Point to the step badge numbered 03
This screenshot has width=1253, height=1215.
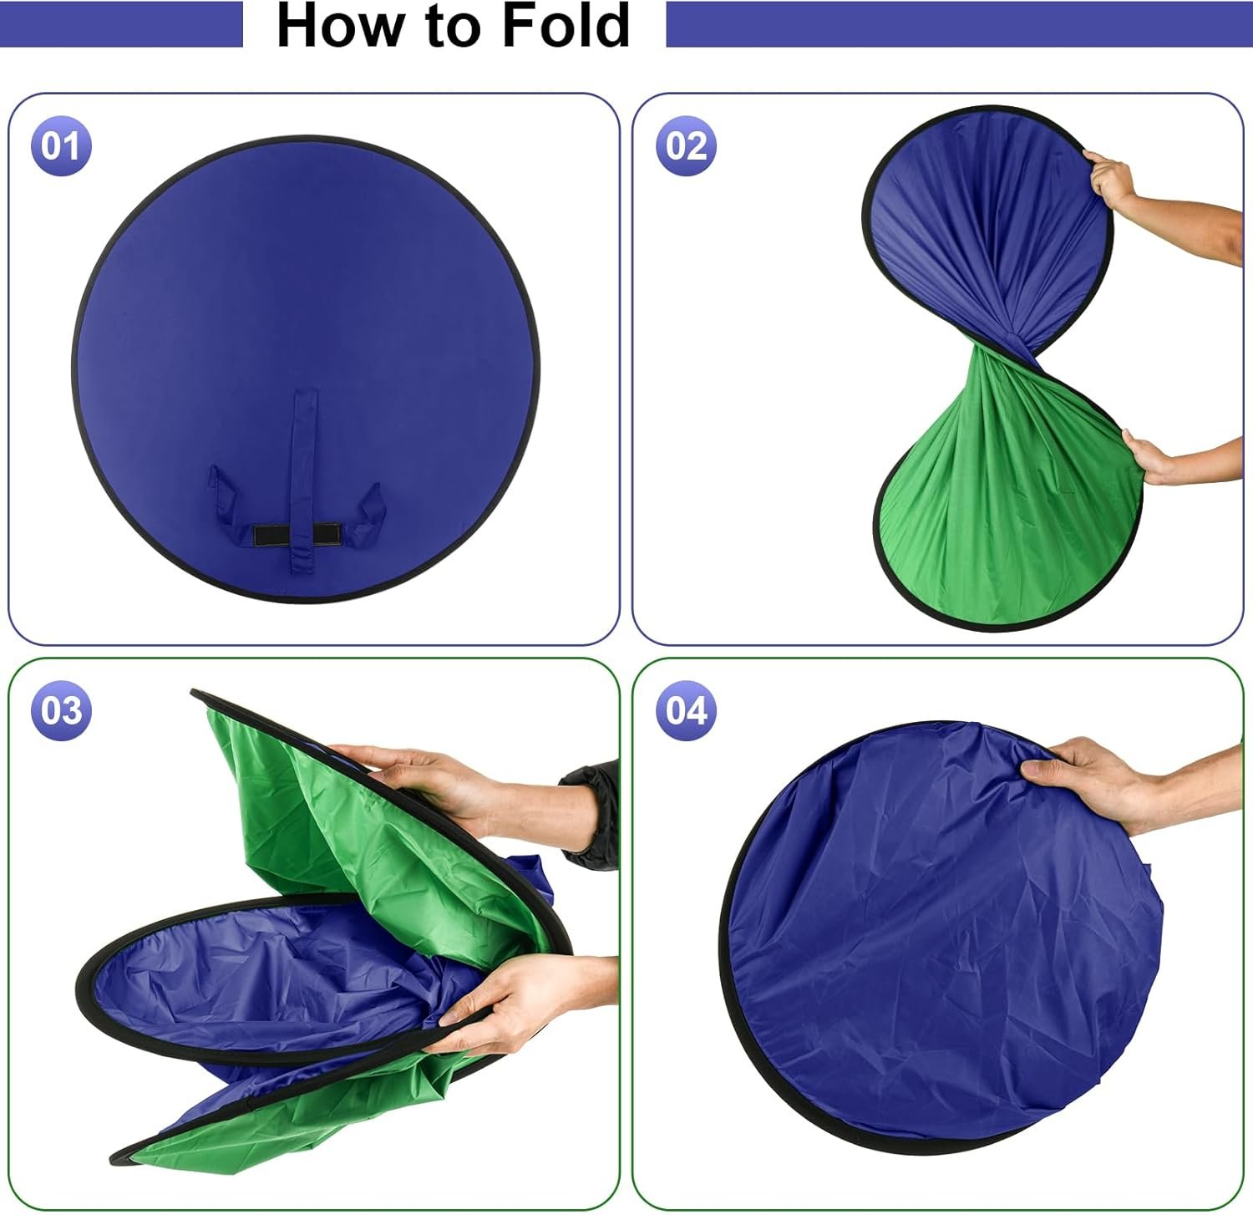click(x=61, y=711)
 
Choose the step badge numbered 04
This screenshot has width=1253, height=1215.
click(x=687, y=711)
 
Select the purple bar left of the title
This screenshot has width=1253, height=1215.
click(x=121, y=24)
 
